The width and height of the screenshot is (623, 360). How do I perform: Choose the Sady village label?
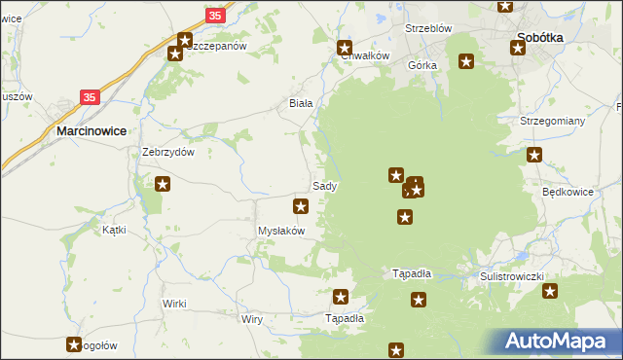[x=324, y=185]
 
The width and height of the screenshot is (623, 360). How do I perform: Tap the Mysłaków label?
[x=281, y=231]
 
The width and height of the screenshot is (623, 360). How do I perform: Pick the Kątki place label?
[x=115, y=230]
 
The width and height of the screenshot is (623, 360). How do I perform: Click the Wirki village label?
[x=174, y=304]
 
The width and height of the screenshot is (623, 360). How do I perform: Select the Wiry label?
[x=252, y=318]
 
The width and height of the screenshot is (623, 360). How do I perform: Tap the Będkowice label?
[x=568, y=192]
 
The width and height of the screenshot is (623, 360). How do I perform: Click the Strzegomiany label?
[x=552, y=120]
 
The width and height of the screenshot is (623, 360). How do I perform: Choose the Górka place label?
[x=423, y=65]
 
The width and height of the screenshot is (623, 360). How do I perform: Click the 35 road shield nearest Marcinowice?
[x=90, y=97]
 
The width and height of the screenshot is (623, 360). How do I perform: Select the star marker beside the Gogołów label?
[x=74, y=343]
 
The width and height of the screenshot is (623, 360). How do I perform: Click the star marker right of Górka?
[x=466, y=62]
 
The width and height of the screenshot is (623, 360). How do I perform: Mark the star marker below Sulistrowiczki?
[x=550, y=291]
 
